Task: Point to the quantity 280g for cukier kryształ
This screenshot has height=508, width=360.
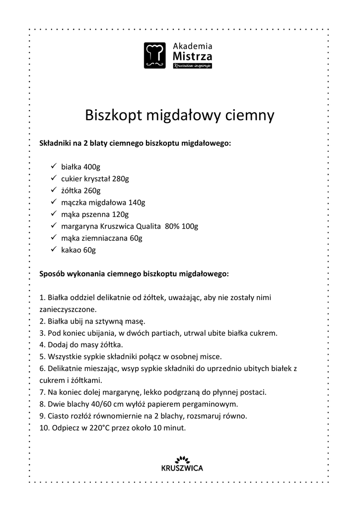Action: tap(121, 179)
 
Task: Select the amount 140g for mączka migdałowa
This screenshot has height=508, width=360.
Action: tap(137, 202)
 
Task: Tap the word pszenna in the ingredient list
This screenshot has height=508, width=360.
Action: tap(94, 214)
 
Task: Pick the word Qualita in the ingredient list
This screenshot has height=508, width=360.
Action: tap(148, 226)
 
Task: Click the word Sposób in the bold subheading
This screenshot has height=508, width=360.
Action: tap(53, 273)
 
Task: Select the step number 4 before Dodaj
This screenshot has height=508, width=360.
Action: tap(42, 344)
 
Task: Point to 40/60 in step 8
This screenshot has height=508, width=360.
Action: tap(89, 404)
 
